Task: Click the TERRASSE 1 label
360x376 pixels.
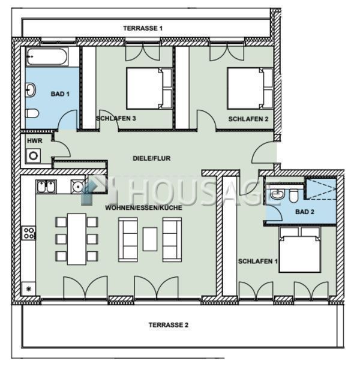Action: pyautogui.click(x=143, y=28)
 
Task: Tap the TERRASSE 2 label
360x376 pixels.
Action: pyautogui.click(x=169, y=325)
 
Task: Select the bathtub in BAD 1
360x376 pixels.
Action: pyautogui.click(x=47, y=56)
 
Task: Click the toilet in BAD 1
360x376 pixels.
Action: pyautogui.click(x=32, y=113)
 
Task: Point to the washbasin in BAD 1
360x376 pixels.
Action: pyautogui.click(x=31, y=90)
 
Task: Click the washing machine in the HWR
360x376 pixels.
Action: pyautogui.click(x=33, y=156)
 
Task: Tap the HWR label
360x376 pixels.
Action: pyautogui.click(x=35, y=141)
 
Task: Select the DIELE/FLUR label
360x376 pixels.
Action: pyautogui.click(x=152, y=158)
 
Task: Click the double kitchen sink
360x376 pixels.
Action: pyautogui.click(x=46, y=187)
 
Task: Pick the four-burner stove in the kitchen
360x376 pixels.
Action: pyautogui.click(x=29, y=233)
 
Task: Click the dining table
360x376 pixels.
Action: pyautogui.click(x=77, y=239)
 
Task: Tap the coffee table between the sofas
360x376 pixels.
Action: pyautogui.click(x=150, y=239)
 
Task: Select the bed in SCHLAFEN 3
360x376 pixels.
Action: pyautogui.click(x=149, y=89)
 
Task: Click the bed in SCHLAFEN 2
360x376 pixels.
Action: pyautogui.click(x=250, y=89)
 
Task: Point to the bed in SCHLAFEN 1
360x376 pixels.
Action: pyautogui.click(x=300, y=249)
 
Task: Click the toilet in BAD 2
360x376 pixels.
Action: pyautogui.click(x=293, y=195)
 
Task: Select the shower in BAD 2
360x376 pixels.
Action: pyautogui.click(x=320, y=188)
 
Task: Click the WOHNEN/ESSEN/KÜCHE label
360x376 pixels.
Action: pyautogui.click(x=143, y=207)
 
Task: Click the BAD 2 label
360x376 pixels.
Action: pyautogui.click(x=305, y=212)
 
